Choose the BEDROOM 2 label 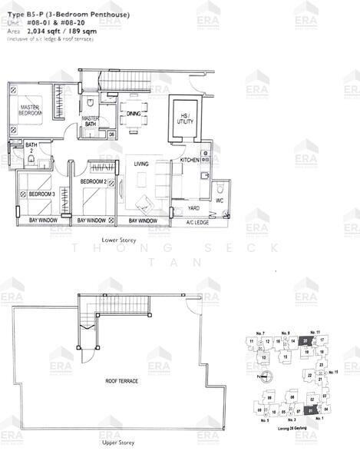[x=94, y=181]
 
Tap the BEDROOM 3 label [x=41, y=194]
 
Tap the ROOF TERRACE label [x=121, y=381]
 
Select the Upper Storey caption [x=119, y=443]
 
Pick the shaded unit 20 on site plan [x=306, y=340]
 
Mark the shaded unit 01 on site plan [x=310, y=410]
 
